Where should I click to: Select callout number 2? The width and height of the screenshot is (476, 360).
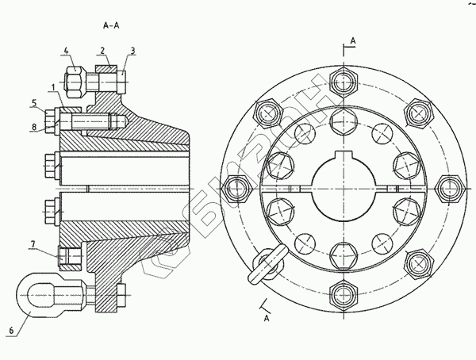point(103,50)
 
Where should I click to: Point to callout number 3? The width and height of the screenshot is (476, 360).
point(132,50)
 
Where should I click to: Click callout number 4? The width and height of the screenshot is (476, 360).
point(67,50)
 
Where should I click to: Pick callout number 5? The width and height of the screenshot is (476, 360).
point(34,102)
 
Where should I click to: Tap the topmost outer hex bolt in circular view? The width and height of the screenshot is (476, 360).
point(344,83)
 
